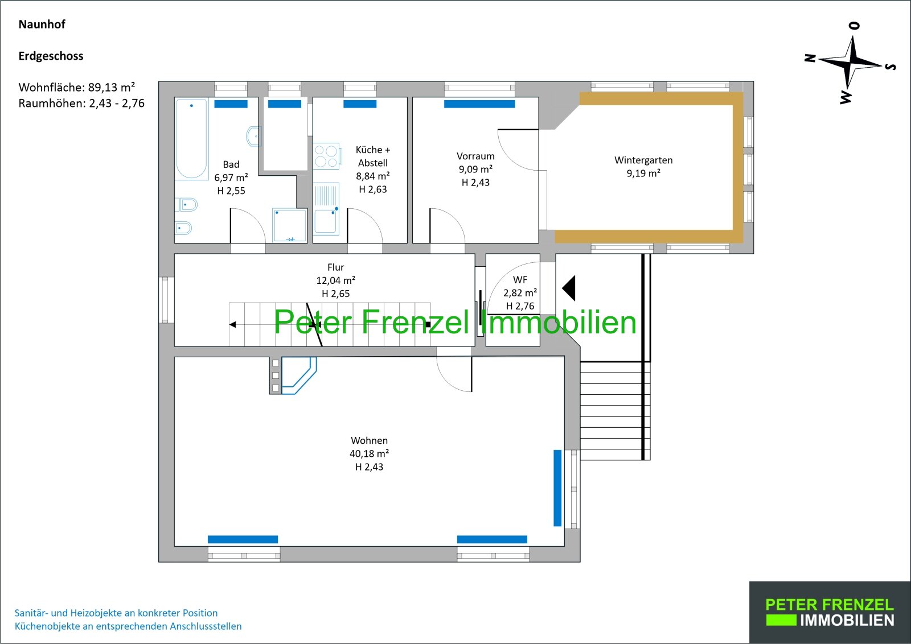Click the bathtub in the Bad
[x=191, y=139]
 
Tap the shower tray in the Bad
[x=290, y=225]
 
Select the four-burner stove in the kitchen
[x=326, y=156]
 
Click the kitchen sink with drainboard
[x=326, y=209]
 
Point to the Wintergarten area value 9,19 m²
[x=643, y=173]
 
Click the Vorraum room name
[x=475, y=156]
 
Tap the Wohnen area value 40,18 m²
[x=370, y=453]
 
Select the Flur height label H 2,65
[x=335, y=294]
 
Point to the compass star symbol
[x=852, y=63]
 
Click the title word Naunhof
[x=42, y=24]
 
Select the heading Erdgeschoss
[x=51, y=56]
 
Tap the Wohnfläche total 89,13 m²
[x=112, y=88]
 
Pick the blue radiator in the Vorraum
[x=479, y=104]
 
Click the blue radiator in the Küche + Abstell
[x=360, y=104]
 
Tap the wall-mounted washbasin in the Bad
[x=254, y=136]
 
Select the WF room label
[x=520, y=279]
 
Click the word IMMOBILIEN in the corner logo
[x=847, y=621]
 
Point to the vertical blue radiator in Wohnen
[x=557, y=488]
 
